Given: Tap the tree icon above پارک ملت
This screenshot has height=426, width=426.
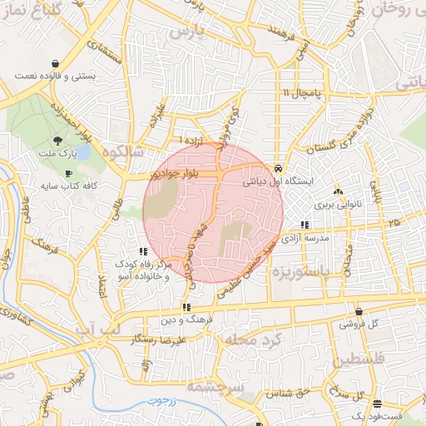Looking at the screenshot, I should pos(57,141).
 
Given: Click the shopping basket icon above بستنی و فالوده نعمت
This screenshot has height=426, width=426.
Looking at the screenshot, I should pos(55,63).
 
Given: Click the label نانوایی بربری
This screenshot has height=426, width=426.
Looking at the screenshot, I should pos(335,204).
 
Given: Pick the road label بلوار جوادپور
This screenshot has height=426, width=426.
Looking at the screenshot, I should pos(163,176).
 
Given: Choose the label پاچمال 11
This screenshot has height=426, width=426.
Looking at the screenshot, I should pos(302,93).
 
